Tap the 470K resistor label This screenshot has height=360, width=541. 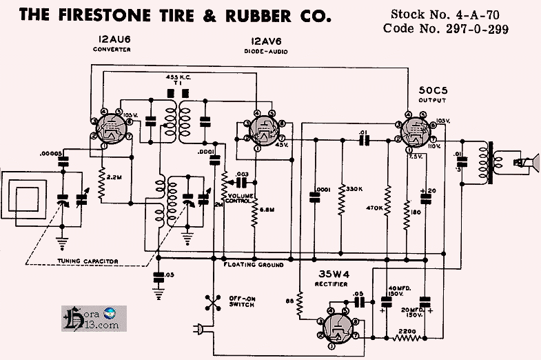tap(375, 207)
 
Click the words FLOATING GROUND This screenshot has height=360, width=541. tap(254, 265)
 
